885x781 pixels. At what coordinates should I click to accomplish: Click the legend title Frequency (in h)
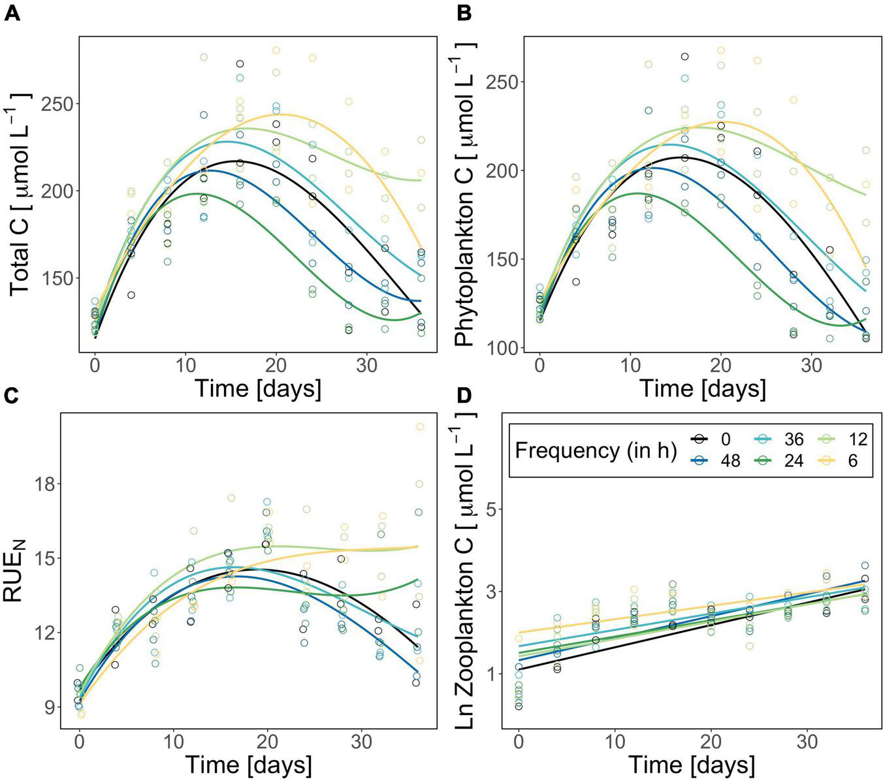click(x=595, y=450)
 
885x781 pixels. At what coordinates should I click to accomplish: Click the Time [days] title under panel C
click(x=248, y=764)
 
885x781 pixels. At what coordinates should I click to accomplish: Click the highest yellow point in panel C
click(x=420, y=427)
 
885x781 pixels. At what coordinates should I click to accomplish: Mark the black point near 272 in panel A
click(x=240, y=64)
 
